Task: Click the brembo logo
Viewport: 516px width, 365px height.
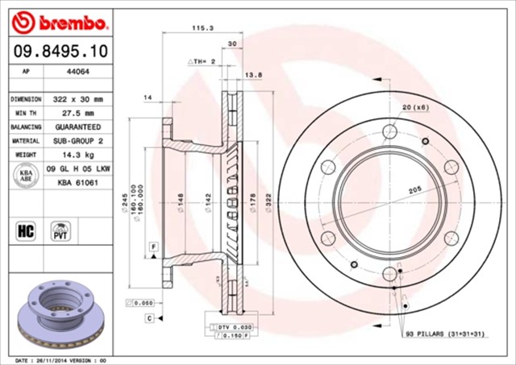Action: [59, 19]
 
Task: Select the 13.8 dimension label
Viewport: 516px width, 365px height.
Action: [254, 74]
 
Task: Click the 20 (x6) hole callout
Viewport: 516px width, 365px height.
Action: [414, 108]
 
